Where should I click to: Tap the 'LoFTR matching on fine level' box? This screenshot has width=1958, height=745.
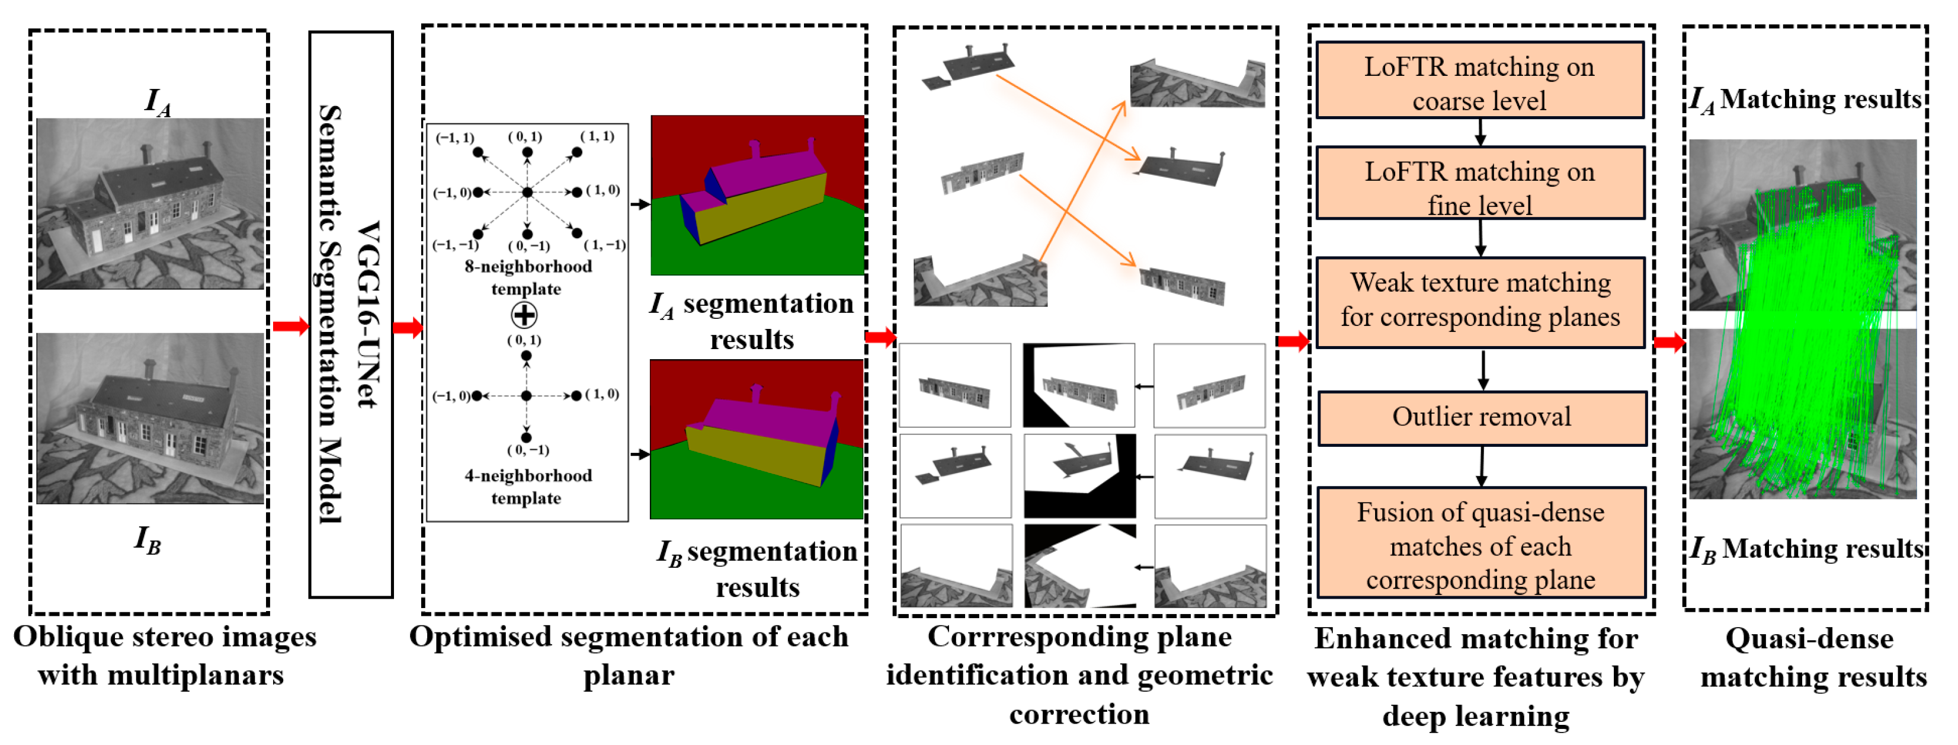[x=1479, y=186]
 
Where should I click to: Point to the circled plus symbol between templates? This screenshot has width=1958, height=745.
[x=524, y=315]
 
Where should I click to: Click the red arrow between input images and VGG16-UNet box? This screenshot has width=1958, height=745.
[x=290, y=327]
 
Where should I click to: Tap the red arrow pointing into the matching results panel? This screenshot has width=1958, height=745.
[x=1669, y=342]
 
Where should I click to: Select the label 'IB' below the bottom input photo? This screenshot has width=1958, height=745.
[x=148, y=540]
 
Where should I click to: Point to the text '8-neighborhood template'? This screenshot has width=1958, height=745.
[x=527, y=277]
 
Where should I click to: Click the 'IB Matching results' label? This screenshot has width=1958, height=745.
[x=1807, y=549]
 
